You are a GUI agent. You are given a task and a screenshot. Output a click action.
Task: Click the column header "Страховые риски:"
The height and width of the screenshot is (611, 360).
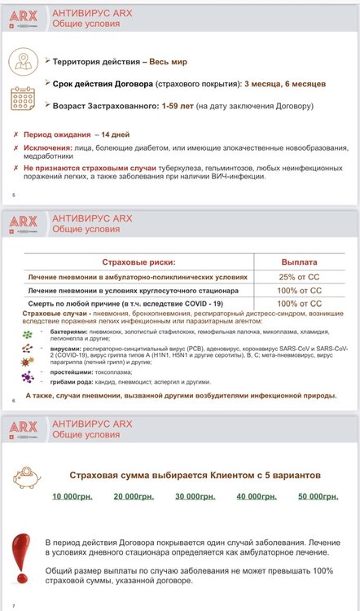[x=136, y=262]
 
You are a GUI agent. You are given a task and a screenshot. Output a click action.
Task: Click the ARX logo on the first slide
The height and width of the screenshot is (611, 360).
[x=22, y=15]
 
